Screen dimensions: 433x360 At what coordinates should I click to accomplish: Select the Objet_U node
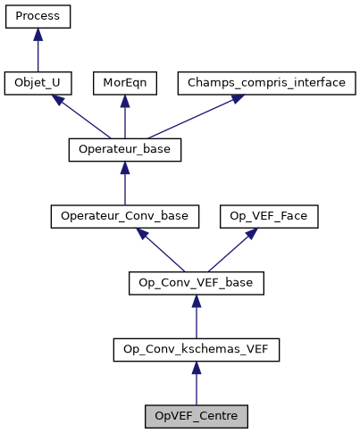coord(38,83)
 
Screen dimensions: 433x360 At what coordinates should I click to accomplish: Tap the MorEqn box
coord(124,83)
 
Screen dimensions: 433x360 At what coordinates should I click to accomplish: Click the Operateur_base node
coord(124,150)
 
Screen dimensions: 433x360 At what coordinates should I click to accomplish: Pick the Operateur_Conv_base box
coord(124,216)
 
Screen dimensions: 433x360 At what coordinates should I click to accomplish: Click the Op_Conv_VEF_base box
coord(197,283)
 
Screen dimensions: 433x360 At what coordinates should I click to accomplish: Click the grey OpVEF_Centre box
coord(197,416)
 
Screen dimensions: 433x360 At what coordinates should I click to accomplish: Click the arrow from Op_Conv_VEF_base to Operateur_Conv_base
coord(161,250)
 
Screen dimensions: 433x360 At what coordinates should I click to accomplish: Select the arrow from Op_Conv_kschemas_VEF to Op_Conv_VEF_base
coord(197,318)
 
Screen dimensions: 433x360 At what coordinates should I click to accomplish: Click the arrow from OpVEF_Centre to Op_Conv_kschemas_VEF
coord(197,384)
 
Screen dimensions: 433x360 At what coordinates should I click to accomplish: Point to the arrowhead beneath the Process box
coord(38,34)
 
